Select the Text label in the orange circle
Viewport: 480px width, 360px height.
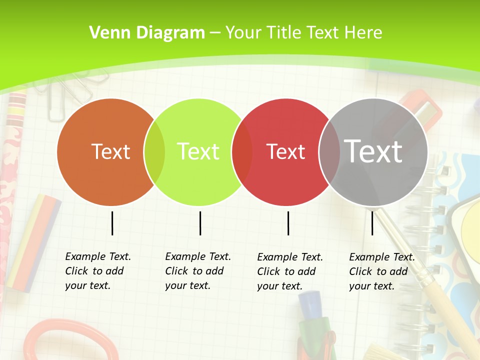pyautogui.click(x=110, y=151)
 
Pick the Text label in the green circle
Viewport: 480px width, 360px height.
pyautogui.click(x=198, y=151)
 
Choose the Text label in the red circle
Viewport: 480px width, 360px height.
pyautogui.click(x=286, y=151)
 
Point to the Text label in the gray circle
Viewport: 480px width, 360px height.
pyautogui.click(x=373, y=151)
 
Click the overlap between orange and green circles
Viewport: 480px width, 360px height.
pyautogui.click(x=154, y=151)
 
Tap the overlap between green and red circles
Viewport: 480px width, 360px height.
pyautogui.click(x=242, y=151)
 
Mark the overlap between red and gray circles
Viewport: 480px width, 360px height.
pyautogui.click(x=329, y=151)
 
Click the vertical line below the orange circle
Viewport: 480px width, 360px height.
pyautogui.click(x=112, y=223)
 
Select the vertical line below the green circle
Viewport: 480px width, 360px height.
pyautogui.click(x=200, y=223)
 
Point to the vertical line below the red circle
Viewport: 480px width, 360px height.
pyautogui.click(x=288, y=223)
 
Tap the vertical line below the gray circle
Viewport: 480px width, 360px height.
pyautogui.click(x=372, y=223)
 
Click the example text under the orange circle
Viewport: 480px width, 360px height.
pyautogui.click(x=98, y=271)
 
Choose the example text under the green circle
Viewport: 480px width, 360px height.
pyautogui.click(x=198, y=271)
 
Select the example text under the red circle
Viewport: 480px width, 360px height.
pyautogui.click(x=290, y=271)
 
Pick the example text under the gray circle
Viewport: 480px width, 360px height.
pyautogui.click(x=382, y=271)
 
